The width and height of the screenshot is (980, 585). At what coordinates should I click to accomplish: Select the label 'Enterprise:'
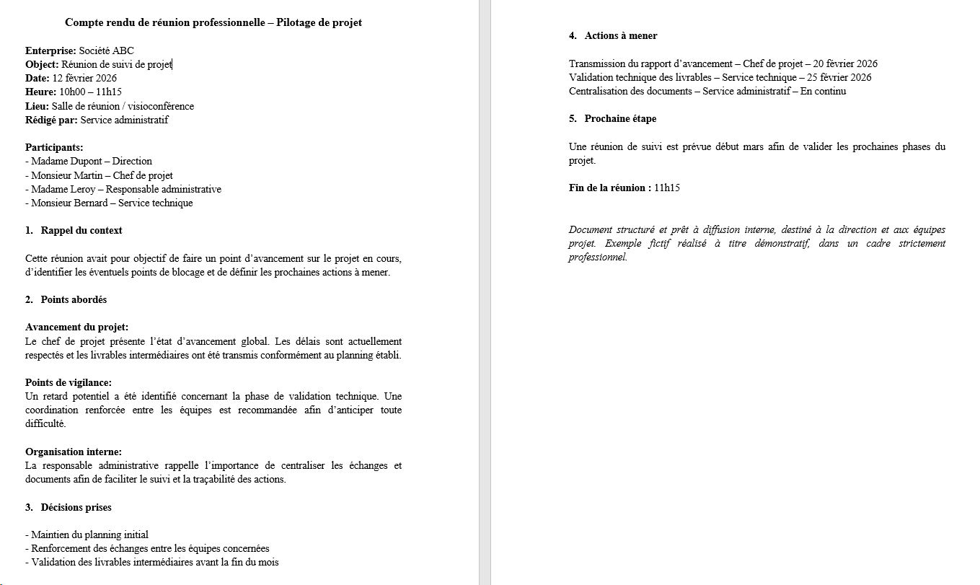click(x=50, y=50)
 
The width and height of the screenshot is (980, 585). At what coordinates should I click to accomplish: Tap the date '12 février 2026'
click(x=84, y=78)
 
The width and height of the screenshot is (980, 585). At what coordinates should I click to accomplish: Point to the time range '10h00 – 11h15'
click(x=90, y=92)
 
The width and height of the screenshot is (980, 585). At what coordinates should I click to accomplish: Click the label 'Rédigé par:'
click(x=51, y=120)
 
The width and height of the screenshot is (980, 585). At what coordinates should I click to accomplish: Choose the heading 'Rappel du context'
click(x=81, y=230)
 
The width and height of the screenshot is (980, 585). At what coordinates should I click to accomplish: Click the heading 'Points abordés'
click(x=74, y=299)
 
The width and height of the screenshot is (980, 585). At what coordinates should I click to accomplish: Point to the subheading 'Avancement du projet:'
click(x=76, y=327)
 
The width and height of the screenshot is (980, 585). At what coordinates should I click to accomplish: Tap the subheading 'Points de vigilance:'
click(x=69, y=382)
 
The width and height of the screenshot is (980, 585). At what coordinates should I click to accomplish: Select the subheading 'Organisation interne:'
click(x=74, y=452)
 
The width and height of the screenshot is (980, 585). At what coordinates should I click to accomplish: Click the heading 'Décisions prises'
click(x=76, y=507)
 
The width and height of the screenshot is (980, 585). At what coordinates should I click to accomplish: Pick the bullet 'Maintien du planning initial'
click(x=89, y=535)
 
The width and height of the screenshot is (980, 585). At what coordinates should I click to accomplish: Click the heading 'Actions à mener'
click(x=621, y=35)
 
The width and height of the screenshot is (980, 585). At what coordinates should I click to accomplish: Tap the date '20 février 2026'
click(x=845, y=63)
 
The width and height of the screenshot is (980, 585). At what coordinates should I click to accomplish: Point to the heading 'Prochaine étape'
click(x=620, y=118)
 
